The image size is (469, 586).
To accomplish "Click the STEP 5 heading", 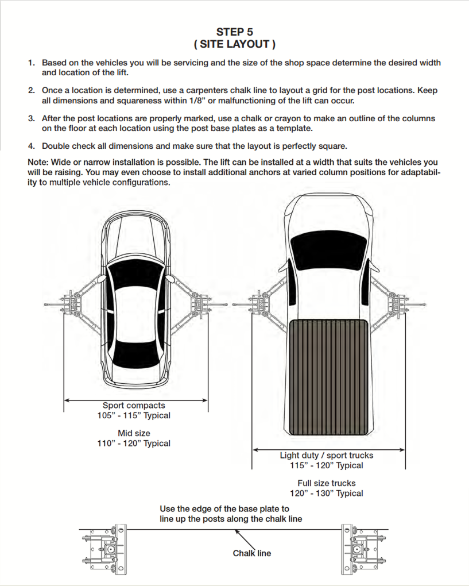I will [x=234, y=32].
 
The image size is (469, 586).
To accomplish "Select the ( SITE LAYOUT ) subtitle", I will [x=234, y=44].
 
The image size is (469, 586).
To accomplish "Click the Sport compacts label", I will [x=134, y=406].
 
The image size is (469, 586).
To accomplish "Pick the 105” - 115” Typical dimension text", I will [x=134, y=415].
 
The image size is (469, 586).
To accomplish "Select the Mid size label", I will [x=134, y=433].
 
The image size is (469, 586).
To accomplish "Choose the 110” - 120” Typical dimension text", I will [x=134, y=443].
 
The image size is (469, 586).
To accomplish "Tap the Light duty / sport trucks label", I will [x=326, y=456].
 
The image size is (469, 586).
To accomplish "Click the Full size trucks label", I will [x=326, y=483].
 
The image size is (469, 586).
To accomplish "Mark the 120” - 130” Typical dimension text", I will [x=326, y=493].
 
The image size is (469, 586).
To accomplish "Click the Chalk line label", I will [x=251, y=553].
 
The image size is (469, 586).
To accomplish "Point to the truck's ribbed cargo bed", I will [x=328, y=377].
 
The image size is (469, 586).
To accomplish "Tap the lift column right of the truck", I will [x=397, y=302].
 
